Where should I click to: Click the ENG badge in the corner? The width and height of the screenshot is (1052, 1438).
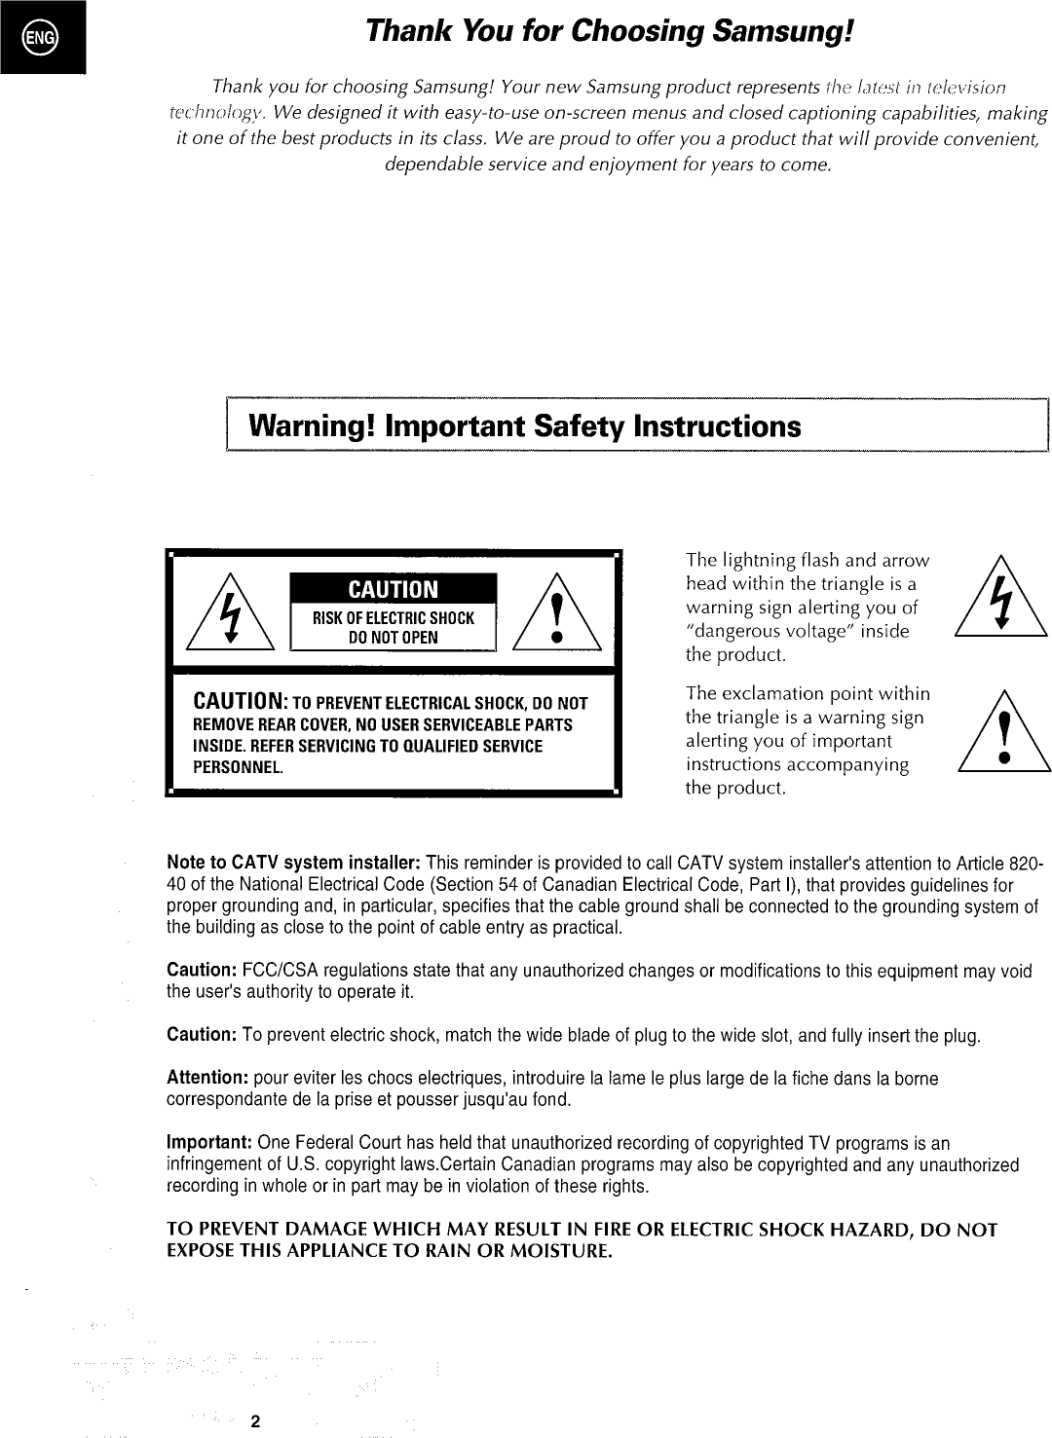(44, 38)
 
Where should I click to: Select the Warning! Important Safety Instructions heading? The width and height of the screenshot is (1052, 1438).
(526, 426)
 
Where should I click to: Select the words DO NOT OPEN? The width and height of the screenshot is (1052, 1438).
(394, 638)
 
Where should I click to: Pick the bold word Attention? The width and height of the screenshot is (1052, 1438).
(208, 1079)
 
